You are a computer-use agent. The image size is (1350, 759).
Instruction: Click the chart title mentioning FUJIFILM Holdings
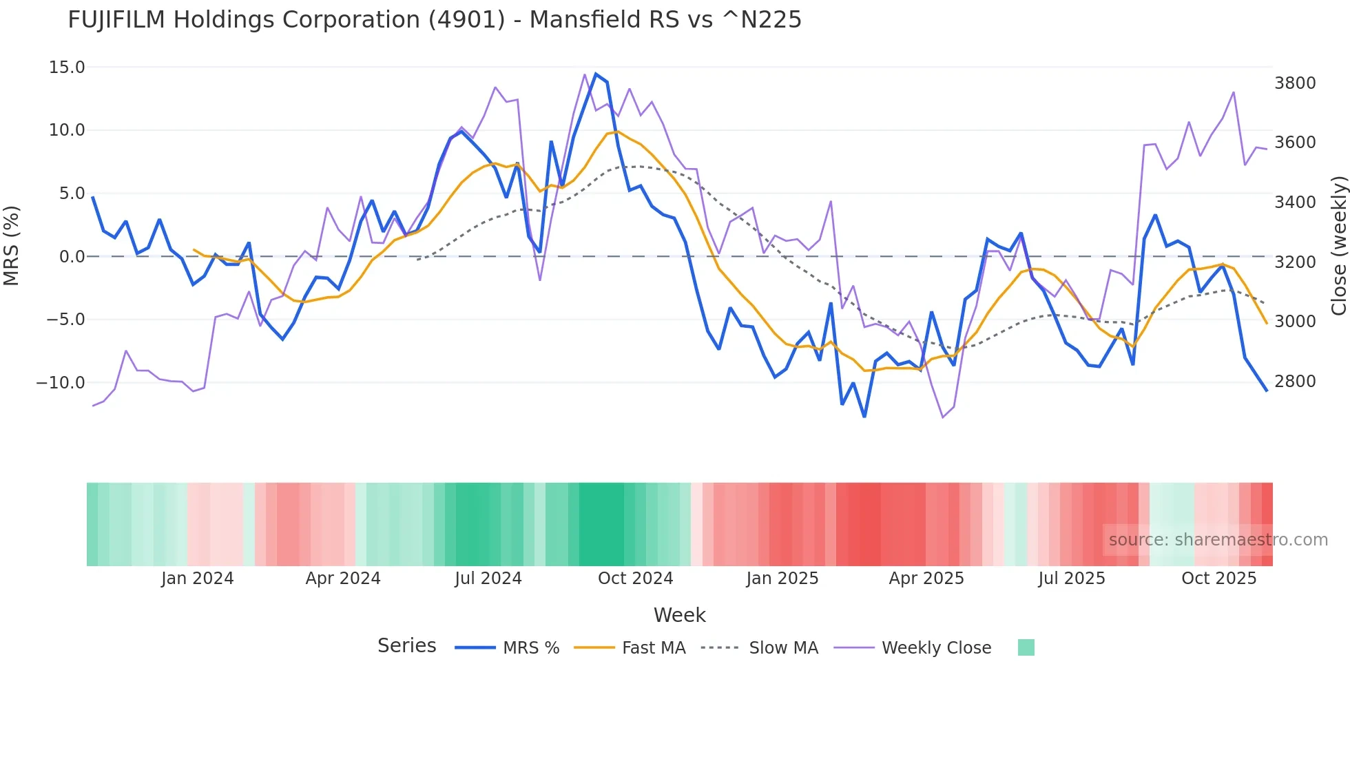(x=434, y=20)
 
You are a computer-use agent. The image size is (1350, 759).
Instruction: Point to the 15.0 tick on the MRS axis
(x=67, y=67)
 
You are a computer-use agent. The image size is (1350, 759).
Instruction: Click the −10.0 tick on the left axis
(x=61, y=383)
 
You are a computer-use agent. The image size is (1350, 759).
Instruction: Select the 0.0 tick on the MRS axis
(x=72, y=257)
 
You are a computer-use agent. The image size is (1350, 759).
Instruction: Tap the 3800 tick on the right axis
(x=1295, y=83)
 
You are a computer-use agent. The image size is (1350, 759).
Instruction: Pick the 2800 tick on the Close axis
(x=1295, y=382)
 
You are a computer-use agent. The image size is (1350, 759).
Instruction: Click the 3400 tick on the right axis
(x=1295, y=202)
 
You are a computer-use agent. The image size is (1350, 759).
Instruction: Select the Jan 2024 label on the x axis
(x=198, y=579)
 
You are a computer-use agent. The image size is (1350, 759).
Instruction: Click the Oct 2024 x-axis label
(x=635, y=579)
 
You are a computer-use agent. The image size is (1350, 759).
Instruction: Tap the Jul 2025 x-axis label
(x=1072, y=579)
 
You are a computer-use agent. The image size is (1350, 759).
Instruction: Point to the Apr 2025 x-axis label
(x=926, y=579)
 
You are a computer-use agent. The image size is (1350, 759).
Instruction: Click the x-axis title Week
(x=679, y=615)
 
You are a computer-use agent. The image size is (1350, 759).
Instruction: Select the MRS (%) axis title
(x=12, y=245)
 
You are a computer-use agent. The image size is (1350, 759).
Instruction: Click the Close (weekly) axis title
(x=1338, y=246)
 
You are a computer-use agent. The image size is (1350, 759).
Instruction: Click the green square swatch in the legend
(x=1026, y=647)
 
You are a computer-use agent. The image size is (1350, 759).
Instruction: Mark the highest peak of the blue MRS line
(x=596, y=74)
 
